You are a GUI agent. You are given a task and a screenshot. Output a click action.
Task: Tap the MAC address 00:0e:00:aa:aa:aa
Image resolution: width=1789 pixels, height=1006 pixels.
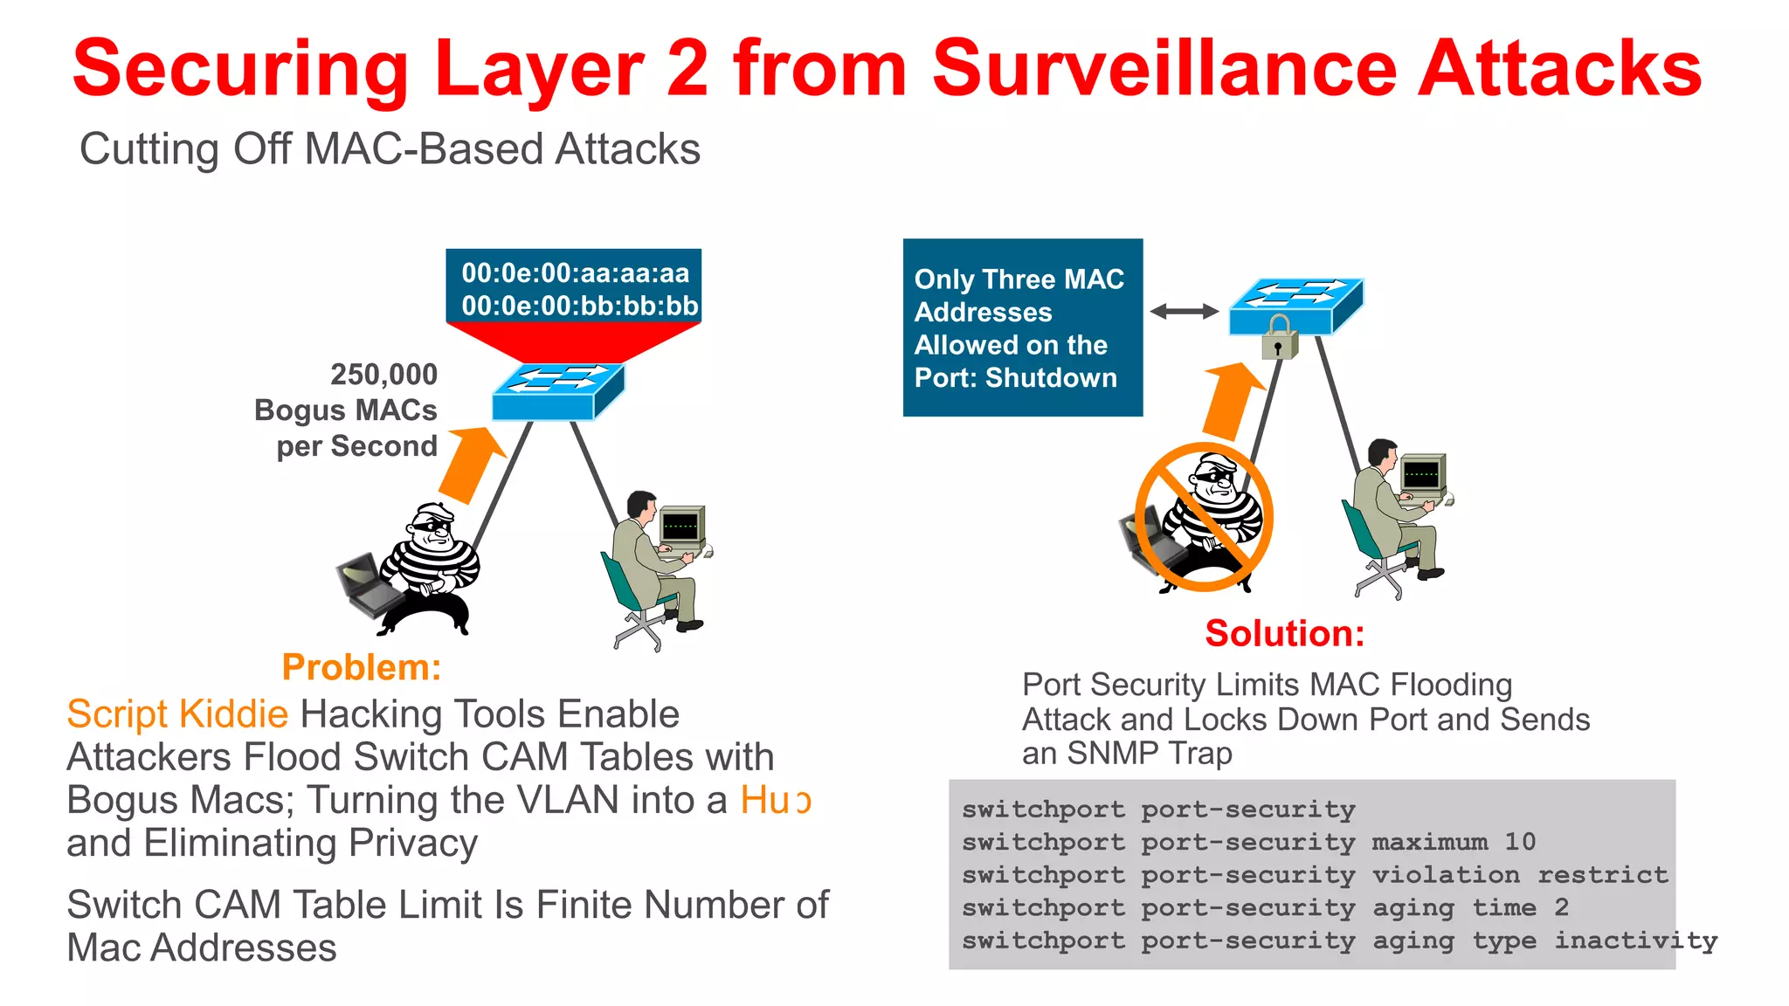[575, 273]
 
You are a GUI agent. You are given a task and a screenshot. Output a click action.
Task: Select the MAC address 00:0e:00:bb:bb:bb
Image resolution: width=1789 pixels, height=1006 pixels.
[579, 306]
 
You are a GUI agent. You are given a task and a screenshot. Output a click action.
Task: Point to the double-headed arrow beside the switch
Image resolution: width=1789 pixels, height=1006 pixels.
[1184, 311]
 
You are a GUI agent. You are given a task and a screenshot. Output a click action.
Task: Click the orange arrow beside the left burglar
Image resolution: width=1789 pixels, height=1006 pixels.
[473, 463]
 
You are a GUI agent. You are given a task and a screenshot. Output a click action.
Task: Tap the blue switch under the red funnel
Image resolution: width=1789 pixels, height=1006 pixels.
[557, 392]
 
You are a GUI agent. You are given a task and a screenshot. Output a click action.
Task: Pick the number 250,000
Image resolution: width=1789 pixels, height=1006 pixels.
[383, 375]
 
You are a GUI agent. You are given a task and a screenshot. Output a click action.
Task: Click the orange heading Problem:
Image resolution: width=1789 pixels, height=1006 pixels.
[362, 667]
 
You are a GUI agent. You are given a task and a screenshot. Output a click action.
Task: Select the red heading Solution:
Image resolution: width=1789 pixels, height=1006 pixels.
[1284, 633]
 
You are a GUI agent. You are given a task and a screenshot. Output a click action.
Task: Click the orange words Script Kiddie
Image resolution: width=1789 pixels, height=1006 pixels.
[177, 714]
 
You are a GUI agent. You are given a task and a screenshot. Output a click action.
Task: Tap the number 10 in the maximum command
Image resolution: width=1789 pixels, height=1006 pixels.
[1519, 842]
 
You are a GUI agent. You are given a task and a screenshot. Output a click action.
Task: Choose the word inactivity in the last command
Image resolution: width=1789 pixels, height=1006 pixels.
[1635, 941]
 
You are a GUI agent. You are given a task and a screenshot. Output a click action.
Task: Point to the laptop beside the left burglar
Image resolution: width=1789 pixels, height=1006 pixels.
[367, 585]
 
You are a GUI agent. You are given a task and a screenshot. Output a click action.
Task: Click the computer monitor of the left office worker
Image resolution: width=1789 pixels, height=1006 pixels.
[681, 527]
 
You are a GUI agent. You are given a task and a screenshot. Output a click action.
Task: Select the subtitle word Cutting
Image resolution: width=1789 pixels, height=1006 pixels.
[149, 149]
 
